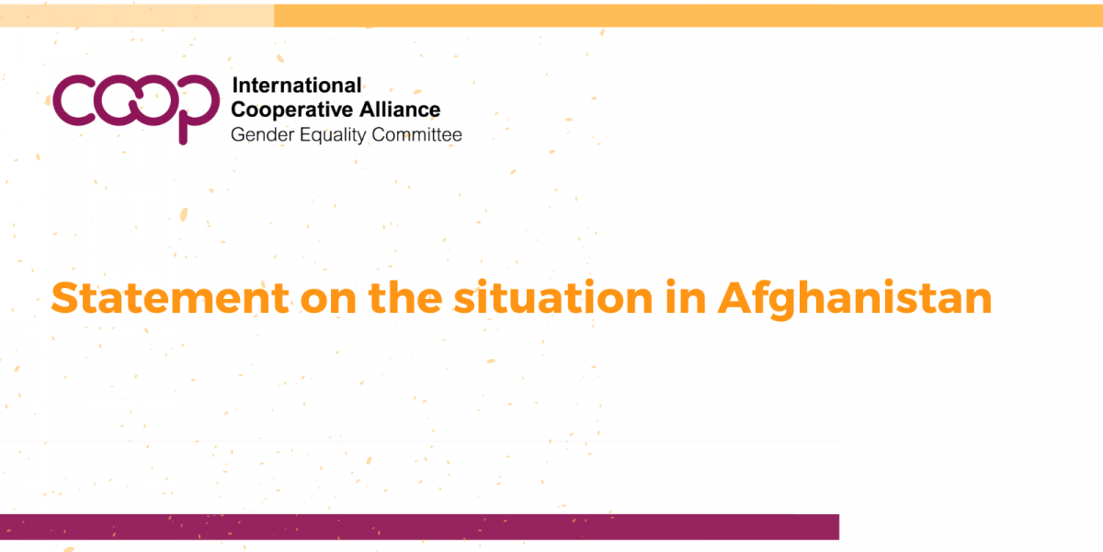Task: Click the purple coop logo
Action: tap(136, 109)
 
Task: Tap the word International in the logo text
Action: tap(296, 86)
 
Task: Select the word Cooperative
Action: tap(291, 109)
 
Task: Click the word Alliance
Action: tap(400, 109)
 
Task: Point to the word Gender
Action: tap(263, 134)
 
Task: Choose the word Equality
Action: tap(333, 135)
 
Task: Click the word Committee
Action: tap(416, 134)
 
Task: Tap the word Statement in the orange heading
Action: tap(170, 298)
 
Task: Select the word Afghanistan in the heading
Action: tap(854, 299)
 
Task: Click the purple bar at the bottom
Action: tap(419, 527)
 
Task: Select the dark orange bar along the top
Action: tap(688, 16)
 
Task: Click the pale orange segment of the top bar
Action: tap(137, 16)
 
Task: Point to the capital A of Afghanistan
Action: tap(740, 298)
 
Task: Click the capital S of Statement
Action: tap(67, 298)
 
